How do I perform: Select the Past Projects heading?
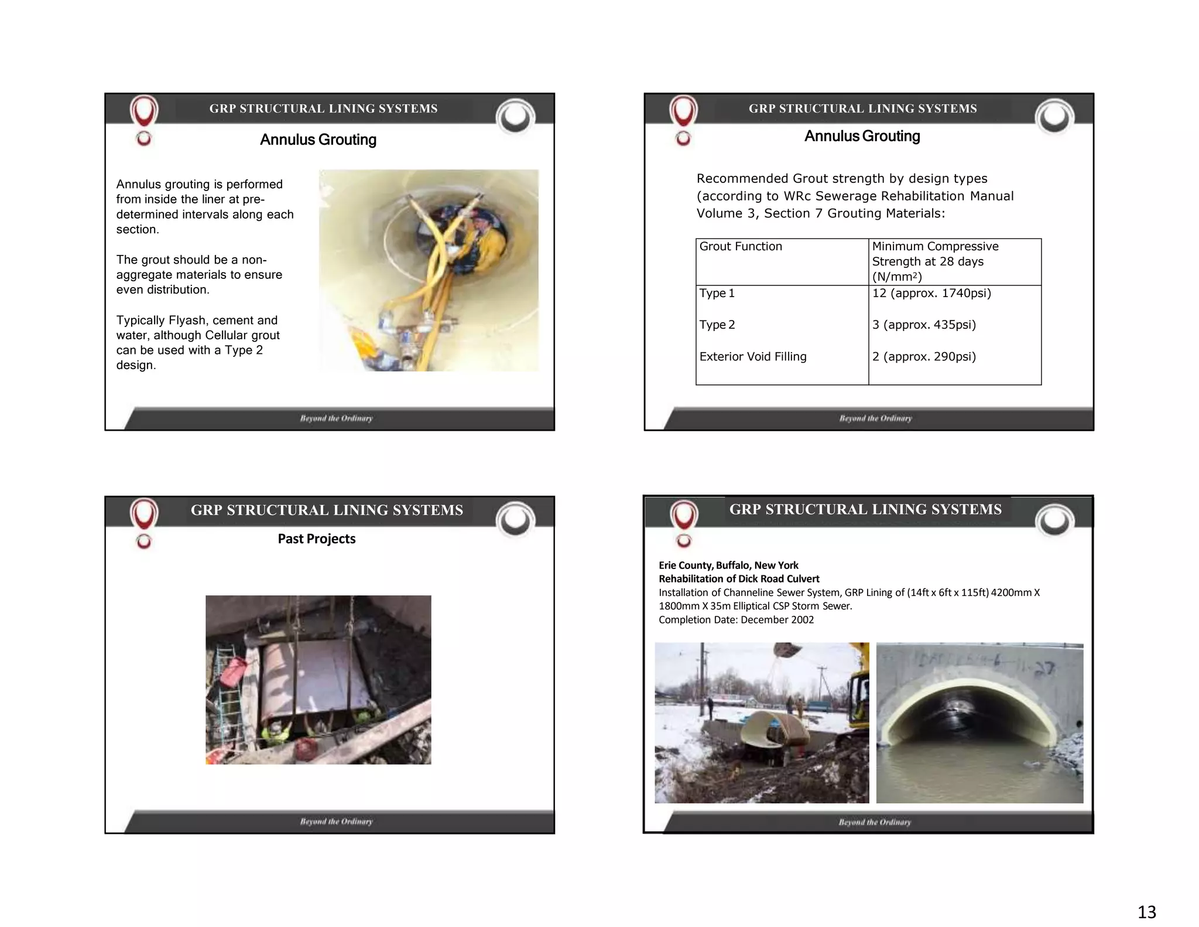[316, 539]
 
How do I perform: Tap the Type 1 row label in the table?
[717, 293]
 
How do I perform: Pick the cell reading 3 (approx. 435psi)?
[924, 325]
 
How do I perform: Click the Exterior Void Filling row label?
[752, 356]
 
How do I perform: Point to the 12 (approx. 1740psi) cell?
[931, 293]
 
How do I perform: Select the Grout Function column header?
[741, 246]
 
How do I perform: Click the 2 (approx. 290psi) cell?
[924, 356]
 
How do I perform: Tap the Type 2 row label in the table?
[717, 325]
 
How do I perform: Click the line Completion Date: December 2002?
[736, 619]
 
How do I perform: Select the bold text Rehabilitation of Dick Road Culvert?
[739, 578]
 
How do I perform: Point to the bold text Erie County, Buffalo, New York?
[728, 565]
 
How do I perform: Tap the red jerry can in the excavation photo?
[233, 671]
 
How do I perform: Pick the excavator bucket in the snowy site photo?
[787, 650]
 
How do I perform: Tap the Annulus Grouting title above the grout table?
[862, 136]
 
